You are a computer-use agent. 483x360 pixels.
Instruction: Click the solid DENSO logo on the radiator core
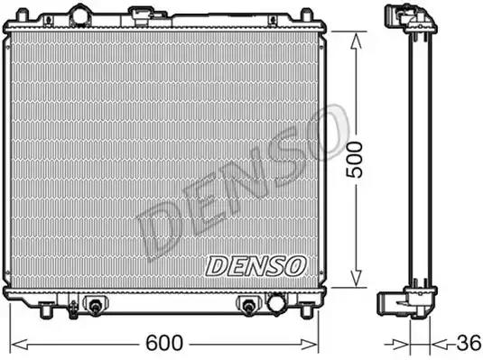[256, 264]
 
